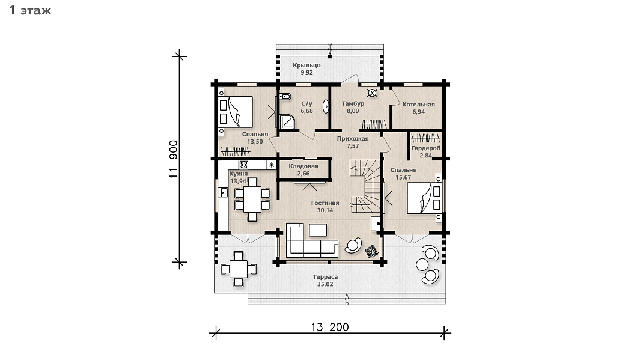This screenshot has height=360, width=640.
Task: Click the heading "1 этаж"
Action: coord(30,10)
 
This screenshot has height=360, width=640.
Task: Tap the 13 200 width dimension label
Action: coord(330,327)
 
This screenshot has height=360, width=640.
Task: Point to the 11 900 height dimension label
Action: coord(174,159)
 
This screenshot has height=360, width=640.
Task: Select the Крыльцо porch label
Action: coord(306,65)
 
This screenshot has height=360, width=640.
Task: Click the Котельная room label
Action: coord(418,105)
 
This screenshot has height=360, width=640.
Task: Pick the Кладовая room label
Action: coord(303,166)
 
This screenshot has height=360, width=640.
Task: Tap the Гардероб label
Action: coord(425,148)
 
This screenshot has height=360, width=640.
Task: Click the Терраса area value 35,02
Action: coord(325,284)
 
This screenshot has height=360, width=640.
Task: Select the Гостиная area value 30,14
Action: coord(325,210)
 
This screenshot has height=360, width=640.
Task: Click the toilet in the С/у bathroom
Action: coord(285,97)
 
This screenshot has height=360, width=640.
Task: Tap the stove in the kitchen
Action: coord(243,165)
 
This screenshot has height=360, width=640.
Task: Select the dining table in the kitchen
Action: coord(252,199)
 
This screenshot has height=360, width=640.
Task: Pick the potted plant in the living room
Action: coord(371,251)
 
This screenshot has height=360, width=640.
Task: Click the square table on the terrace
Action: coord(239,269)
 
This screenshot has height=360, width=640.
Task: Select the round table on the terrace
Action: coord(422,264)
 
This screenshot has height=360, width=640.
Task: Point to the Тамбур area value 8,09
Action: coord(353,111)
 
